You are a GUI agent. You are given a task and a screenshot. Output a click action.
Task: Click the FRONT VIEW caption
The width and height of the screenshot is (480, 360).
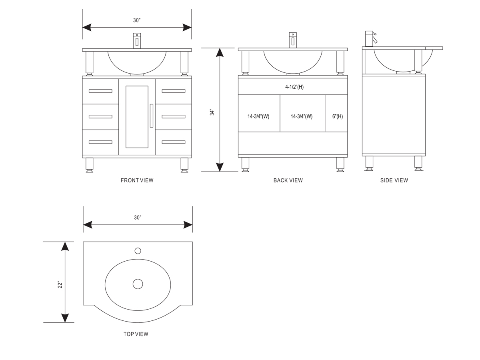coord(137,180)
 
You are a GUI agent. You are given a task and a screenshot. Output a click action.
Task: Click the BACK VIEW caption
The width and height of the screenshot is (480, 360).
coord(288,180)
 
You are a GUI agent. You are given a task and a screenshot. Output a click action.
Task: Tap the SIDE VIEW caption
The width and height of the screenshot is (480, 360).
coord(394,180)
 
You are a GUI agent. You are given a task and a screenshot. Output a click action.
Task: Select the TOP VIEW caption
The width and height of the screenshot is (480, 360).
coord(136,334)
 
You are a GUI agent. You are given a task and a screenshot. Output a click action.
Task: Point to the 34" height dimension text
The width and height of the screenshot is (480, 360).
coord(212,112)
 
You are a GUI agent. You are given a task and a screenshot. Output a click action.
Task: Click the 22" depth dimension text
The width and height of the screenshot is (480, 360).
coord(60,285)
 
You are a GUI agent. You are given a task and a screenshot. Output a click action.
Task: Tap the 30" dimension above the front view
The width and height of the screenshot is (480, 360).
coord(137,20)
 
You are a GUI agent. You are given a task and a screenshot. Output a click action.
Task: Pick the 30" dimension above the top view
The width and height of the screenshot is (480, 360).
coord(138,218)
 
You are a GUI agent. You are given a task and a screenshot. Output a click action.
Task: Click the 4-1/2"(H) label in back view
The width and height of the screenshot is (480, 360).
coord(294,87)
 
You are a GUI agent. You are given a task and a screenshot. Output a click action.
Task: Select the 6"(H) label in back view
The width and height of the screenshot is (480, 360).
coord(338,116)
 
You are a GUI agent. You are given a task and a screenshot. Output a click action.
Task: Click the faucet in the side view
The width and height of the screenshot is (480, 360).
coord(370,39)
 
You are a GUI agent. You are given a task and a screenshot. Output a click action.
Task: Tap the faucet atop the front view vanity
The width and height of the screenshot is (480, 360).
coord(137,41)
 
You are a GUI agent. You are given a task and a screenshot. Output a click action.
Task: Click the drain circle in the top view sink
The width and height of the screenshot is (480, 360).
coord(138,284)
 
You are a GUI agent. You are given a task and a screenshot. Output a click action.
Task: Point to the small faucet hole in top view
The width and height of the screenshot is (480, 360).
coord(138,251)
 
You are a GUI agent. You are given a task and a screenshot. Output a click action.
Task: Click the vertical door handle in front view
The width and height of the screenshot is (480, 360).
coord(151,116)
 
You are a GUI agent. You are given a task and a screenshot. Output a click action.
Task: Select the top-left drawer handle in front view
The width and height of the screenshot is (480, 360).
coord(100,91)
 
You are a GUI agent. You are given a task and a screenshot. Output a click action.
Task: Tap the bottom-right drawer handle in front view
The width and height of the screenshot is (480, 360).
coord(174,142)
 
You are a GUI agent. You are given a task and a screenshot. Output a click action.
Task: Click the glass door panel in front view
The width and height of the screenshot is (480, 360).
coord(137,117)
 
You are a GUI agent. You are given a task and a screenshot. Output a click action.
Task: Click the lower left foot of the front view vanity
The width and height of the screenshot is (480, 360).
coord(90,165)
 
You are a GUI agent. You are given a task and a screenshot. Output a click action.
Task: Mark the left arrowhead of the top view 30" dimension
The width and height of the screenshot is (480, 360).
coord(88,225)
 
